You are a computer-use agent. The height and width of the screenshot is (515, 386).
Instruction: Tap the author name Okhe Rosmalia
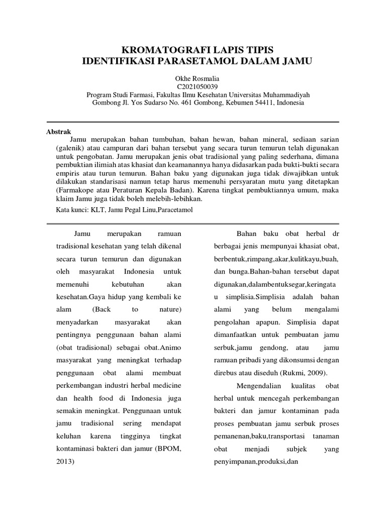pyautogui.click(x=193, y=78)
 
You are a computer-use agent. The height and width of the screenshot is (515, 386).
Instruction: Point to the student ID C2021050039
pyautogui.click(x=193, y=86)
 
